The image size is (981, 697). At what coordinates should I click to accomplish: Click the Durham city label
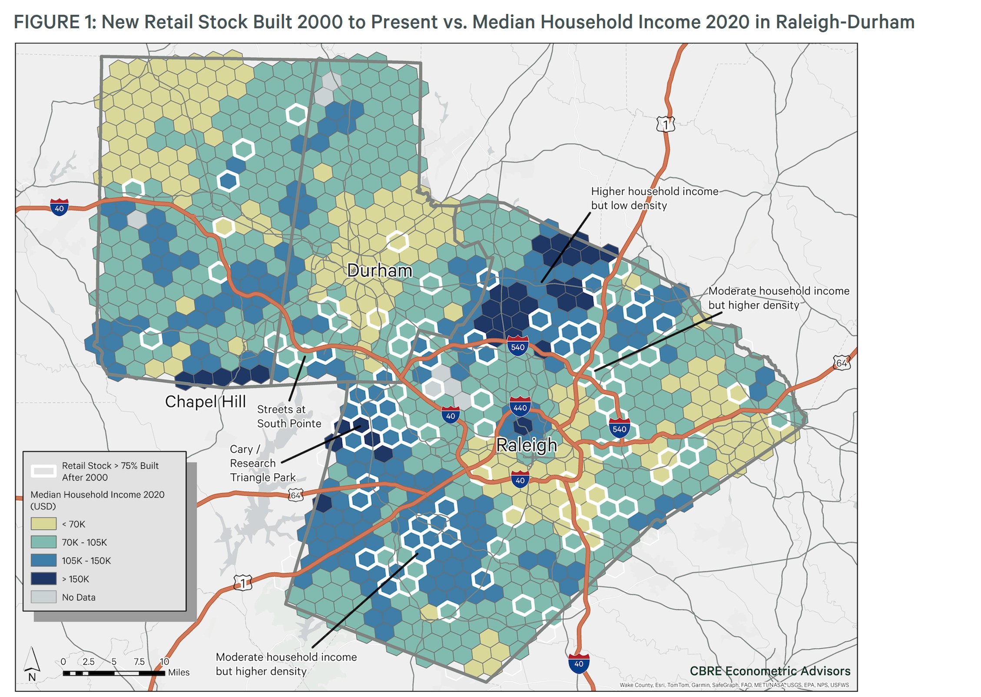[379, 271]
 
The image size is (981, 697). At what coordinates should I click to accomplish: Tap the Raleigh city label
[526, 445]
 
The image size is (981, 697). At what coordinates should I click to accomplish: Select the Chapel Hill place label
[205, 401]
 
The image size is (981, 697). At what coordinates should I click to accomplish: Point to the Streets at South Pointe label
[289, 416]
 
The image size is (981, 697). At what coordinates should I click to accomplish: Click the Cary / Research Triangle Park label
[262, 463]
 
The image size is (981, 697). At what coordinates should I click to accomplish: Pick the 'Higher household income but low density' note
[654, 198]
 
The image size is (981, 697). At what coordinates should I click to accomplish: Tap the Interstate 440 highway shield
[520, 407]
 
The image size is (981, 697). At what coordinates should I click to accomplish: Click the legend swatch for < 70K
[43, 524]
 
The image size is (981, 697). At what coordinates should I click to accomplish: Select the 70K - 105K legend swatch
[43, 542]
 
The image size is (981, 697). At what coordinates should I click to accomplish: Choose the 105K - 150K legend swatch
[43, 560]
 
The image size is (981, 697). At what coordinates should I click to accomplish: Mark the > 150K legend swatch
[43, 579]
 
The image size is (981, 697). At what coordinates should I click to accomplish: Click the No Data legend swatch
[43, 597]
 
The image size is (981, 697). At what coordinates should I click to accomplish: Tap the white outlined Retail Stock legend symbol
[43, 471]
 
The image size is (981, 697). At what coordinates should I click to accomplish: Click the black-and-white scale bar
[114, 673]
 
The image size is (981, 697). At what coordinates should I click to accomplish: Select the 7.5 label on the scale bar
[139, 661]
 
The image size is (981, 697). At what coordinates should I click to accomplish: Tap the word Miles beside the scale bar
[179, 672]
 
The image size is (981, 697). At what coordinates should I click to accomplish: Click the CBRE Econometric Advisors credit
[770, 671]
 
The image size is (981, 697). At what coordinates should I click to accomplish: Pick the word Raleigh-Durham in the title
[845, 22]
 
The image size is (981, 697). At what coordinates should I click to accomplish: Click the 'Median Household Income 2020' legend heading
[97, 494]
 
